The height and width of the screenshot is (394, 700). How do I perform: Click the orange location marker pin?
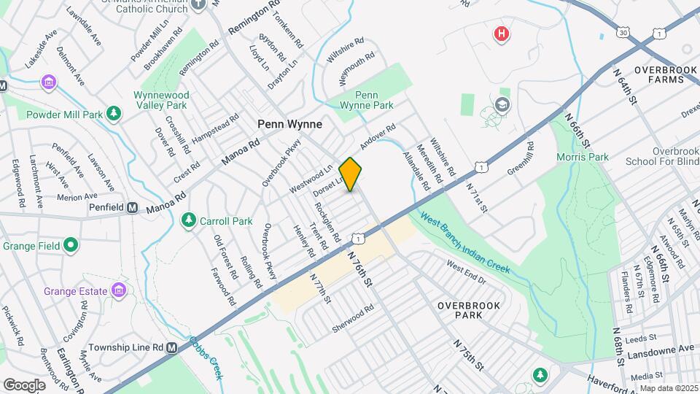351,174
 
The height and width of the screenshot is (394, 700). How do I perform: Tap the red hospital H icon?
501,34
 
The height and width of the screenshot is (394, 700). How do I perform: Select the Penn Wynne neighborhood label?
289,124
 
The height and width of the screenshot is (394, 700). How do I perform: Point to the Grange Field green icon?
71,245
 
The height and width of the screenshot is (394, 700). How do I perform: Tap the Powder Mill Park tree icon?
113,114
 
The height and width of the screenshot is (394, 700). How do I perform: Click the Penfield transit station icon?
133,208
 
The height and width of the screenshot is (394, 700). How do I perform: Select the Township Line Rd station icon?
171,348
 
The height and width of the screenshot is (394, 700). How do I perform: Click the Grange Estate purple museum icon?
118,292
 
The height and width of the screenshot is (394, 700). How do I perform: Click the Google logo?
24,385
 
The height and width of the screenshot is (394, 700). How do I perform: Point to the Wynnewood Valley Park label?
161,100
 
